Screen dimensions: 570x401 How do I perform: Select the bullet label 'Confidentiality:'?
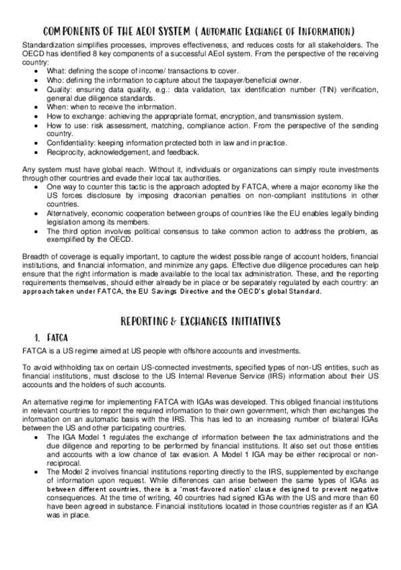pos(73,142)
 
